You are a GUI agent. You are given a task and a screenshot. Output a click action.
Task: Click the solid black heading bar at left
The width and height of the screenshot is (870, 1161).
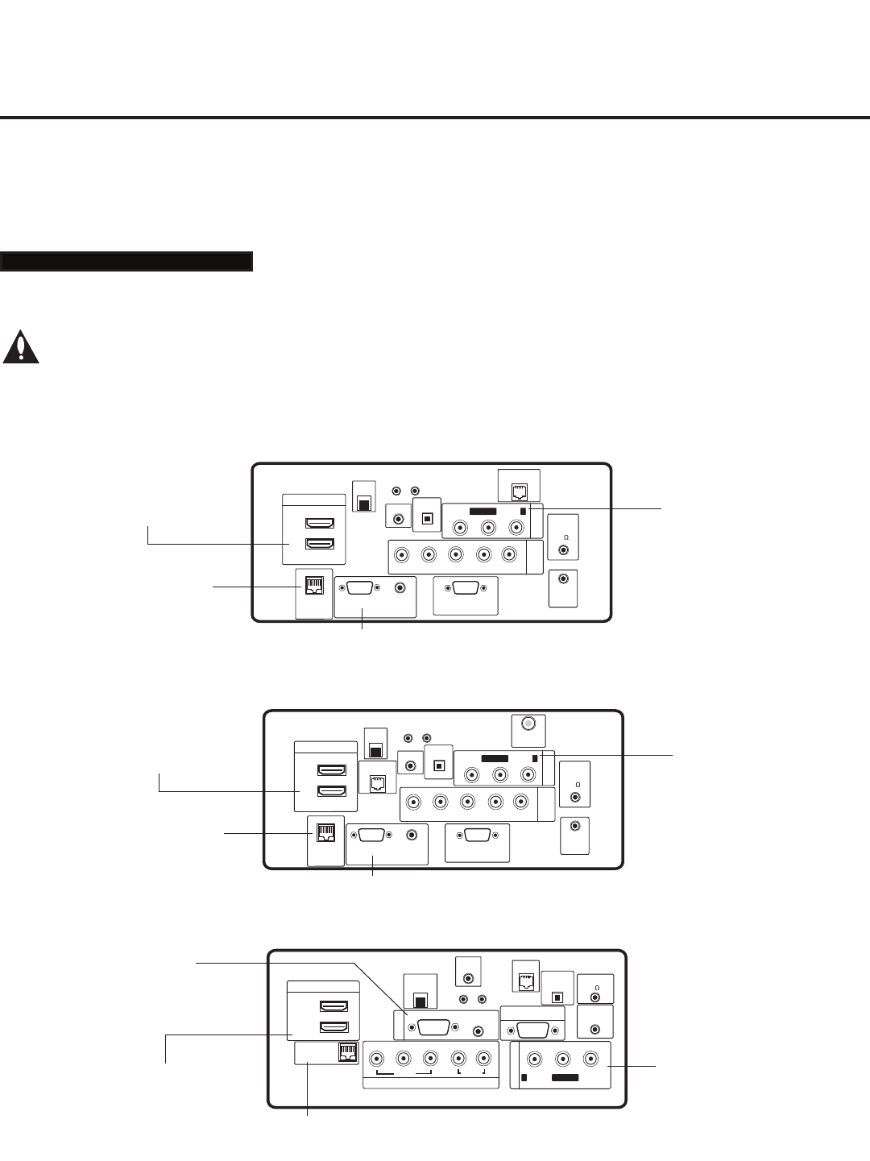pos(126,262)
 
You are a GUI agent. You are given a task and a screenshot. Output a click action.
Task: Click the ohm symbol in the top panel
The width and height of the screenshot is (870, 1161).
pos(566,537)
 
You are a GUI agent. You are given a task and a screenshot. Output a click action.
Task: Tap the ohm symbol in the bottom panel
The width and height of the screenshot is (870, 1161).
pos(597,986)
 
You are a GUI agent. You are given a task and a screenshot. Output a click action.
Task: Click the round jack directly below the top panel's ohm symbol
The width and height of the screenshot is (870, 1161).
pos(565,551)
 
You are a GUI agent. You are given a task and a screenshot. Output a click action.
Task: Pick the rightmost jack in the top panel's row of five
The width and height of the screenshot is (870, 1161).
pos(509,554)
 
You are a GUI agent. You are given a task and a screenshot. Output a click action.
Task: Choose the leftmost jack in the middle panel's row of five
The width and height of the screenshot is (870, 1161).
pos(413,802)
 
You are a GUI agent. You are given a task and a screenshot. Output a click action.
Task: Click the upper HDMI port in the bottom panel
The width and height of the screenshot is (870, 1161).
pos(333,1006)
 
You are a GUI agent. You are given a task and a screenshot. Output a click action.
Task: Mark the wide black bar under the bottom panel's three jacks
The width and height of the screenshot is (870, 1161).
pos(564,1077)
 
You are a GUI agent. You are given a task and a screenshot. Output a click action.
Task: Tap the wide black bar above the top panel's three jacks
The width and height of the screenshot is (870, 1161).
pos(483,512)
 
